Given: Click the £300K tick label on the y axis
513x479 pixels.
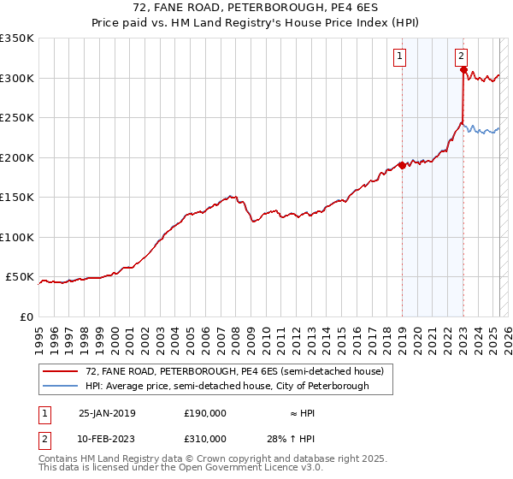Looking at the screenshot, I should coord(17,78).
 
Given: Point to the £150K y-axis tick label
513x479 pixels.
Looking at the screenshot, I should coord(17,198).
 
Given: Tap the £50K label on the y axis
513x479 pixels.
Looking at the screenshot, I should coord(20,277).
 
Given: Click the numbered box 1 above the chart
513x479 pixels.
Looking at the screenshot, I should coord(399,57).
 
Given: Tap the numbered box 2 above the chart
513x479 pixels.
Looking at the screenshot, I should coord(461,57).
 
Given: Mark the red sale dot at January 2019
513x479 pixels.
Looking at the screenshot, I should coord(402,166).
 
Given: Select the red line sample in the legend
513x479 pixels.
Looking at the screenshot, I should coord(59,372).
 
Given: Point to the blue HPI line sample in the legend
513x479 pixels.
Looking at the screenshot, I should coord(59,386).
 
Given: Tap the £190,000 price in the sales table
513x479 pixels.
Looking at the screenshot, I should coord(205,413).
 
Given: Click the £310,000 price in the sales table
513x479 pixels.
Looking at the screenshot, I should coord(205,439).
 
